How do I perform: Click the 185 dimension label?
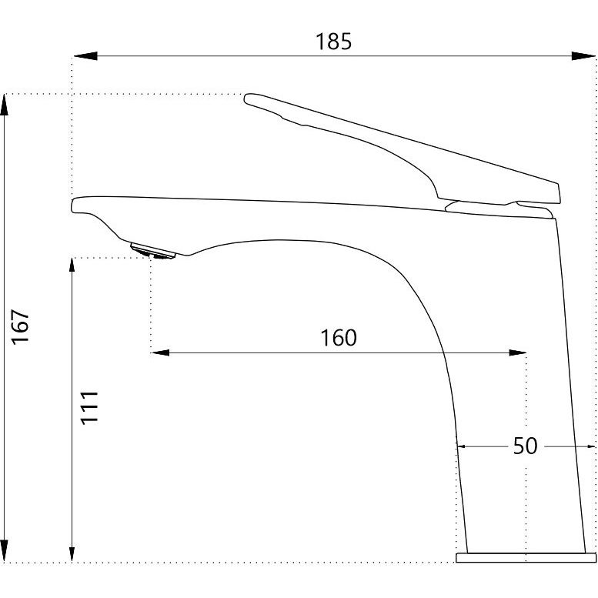click(333, 42)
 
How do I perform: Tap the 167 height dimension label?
click(20, 327)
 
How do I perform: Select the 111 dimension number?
click(89, 407)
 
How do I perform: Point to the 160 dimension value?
click(339, 338)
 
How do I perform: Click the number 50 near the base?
click(525, 446)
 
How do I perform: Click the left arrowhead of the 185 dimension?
click(85, 56)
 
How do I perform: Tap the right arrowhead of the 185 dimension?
click(583, 56)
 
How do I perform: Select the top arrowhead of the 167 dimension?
click(4, 105)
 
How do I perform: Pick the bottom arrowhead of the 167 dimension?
click(4, 551)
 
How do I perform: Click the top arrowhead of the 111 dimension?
click(72, 266)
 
